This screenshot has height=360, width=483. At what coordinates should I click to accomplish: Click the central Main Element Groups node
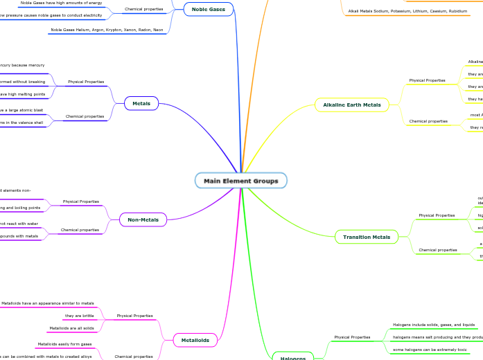coord(240,181)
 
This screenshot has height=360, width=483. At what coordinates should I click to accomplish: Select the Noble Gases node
coord(208,9)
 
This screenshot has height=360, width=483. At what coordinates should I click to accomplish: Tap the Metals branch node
coord(141,104)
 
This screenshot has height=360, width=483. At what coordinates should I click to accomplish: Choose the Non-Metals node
coord(143,219)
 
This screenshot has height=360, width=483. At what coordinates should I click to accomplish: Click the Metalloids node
coord(195,340)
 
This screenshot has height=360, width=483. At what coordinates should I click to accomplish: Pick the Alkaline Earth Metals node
coord(351,105)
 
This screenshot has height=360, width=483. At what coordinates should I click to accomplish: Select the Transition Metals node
coord(367,237)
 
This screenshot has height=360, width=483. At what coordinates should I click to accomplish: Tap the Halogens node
coord(292,358)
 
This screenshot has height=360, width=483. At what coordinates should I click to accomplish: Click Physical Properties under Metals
coord(85,82)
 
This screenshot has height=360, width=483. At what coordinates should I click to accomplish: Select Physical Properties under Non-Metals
coord(80,201)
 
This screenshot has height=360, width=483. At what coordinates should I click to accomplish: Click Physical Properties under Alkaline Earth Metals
coord(427,80)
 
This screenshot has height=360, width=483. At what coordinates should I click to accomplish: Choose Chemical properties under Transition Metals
coord(437,250)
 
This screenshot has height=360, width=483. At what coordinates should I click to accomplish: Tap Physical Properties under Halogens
coord(352,337)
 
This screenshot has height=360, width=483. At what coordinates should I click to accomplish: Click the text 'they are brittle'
coord(79,316)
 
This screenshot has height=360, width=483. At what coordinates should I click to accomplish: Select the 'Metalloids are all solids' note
coord(71,328)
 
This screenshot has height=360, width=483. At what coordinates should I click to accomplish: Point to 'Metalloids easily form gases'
coord(64,344)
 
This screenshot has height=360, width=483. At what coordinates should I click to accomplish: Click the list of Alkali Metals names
coord(407,12)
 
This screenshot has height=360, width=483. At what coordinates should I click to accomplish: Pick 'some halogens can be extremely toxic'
coord(430,350)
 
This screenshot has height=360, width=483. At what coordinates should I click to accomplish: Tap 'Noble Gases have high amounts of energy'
coord(61,3)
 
